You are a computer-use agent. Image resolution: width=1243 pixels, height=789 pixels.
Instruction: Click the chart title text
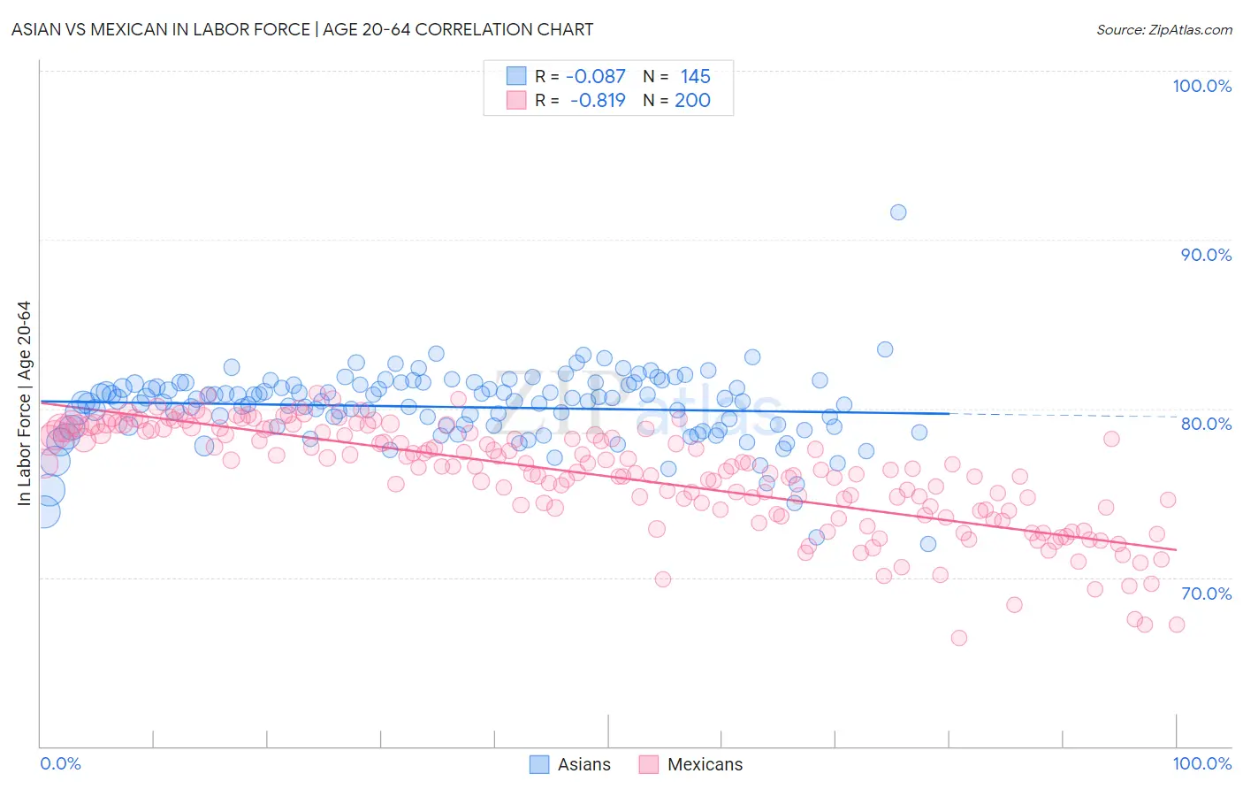pos(302,29)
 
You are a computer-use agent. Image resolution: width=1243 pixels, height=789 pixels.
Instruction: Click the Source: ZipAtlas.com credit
pos(1163,29)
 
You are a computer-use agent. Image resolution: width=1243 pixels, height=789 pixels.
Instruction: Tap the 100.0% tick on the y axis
pos(1201,86)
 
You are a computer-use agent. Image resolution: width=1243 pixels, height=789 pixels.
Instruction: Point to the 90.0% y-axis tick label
pos(1206,255)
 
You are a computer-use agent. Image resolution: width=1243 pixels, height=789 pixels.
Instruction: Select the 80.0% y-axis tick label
pos(1206,424)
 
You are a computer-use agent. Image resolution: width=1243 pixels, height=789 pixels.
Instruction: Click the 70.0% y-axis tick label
pos(1206,594)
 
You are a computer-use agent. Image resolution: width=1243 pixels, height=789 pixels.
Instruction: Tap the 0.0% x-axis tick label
pos(60,763)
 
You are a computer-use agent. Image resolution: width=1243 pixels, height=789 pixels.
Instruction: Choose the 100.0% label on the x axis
pos(1201,763)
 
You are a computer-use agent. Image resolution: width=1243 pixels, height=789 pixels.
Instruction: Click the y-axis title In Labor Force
pos(24,403)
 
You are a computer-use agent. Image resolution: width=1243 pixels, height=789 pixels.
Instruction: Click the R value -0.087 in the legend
pos(595,77)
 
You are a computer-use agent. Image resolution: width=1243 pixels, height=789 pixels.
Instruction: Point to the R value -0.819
pos(597,100)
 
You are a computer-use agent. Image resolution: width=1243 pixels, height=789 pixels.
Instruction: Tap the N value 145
pos(695,77)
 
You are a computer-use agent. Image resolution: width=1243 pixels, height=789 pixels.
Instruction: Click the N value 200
pos(692,100)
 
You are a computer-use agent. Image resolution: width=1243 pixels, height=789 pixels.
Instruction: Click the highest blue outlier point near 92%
pos(898,212)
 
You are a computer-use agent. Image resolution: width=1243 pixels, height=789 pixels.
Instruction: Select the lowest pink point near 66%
pos(958,638)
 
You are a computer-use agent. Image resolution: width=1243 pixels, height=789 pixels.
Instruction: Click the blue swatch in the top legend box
pos(516,76)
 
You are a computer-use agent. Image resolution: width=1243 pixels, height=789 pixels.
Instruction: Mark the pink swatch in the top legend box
pos(516,100)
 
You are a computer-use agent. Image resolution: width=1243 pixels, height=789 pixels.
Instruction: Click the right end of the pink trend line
pos(1176,550)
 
